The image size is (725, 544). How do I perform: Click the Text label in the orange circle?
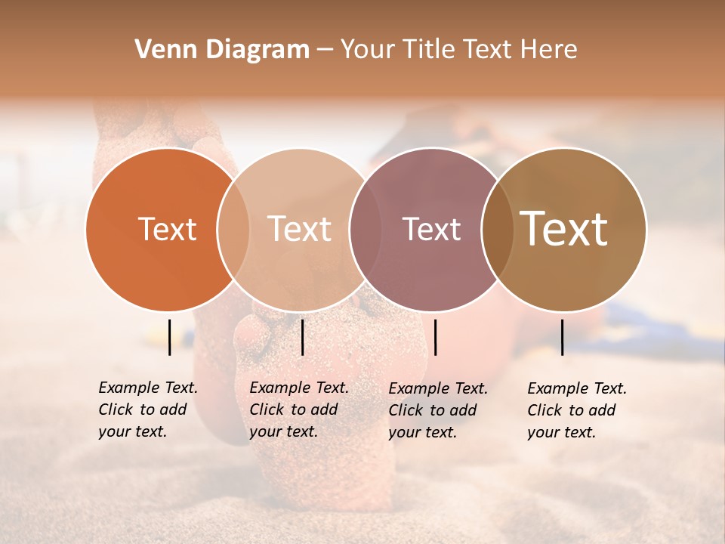[167, 229]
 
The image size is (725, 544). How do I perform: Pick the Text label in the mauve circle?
[431, 229]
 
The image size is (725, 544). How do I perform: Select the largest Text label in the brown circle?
[563, 229]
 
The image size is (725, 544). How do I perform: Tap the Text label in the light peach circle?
[299, 229]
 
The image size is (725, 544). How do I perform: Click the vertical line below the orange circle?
[169, 337]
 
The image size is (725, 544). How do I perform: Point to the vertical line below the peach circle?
[302, 337]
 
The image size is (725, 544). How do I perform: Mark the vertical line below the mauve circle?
[435, 337]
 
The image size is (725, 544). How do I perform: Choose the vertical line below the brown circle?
[563, 337]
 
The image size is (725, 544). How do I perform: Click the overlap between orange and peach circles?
[233, 229]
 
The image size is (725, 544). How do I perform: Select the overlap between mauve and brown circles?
[497, 229]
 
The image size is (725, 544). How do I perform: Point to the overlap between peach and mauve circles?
[364, 229]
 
